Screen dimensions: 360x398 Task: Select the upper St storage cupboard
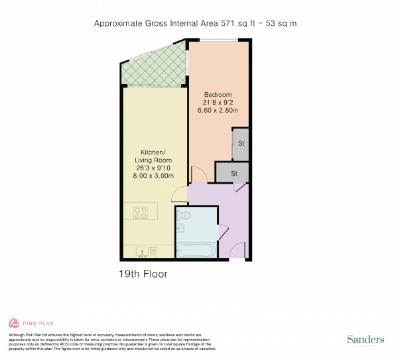coord(240,144)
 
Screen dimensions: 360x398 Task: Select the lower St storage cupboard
coord(233,173)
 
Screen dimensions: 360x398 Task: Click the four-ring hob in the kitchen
coord(141,213)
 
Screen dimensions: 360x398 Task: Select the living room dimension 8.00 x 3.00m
coord(154,176)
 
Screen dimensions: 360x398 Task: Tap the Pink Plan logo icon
coord(14,324)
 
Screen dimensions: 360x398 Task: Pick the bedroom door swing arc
coord(198,175)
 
